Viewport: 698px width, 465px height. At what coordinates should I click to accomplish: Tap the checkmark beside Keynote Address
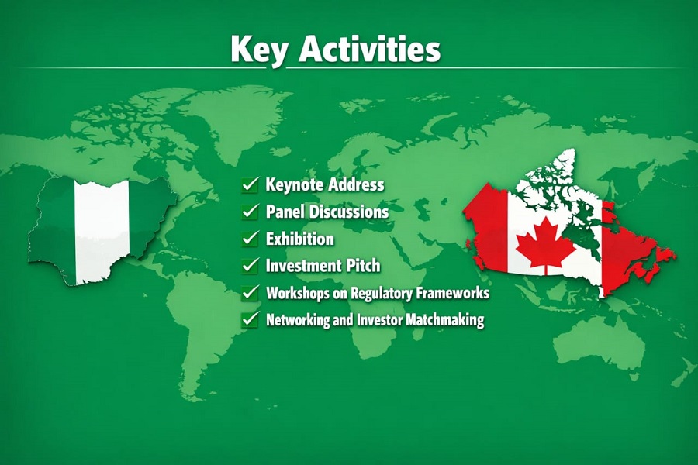[x=250, y=184]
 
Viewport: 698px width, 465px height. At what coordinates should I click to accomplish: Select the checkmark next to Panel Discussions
[x=250, y=211]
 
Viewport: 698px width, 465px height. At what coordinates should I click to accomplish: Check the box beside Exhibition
[x=250, y=238]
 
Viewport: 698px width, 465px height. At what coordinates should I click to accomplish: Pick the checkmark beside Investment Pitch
[x=250, y=265]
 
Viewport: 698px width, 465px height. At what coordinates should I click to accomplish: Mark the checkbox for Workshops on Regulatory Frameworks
[x=250, y=293]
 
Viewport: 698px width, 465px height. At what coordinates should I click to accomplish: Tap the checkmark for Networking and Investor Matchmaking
[x=250, y=319]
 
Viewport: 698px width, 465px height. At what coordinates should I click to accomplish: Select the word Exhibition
[x=300, y=238]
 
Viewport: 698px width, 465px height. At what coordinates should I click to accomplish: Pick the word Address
[x=356, y=185]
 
